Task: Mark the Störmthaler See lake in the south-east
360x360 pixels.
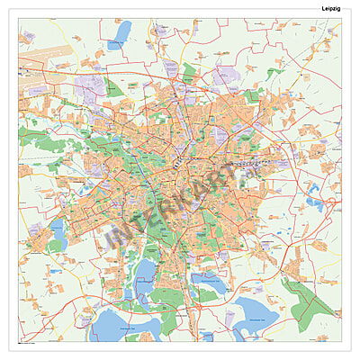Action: click(255, 316)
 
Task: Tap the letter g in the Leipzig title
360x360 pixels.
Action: click(336, 8)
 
